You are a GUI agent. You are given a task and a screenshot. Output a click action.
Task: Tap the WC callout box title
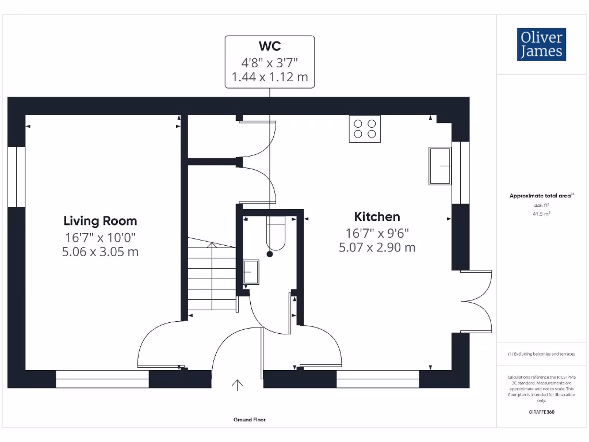click(x=269, y=46)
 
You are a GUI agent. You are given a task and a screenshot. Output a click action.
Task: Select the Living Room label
click(x=100, y=220)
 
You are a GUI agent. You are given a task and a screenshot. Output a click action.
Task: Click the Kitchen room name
click(x=377, y=216)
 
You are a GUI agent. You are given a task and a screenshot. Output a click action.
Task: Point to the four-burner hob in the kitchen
click(x=365, y=129)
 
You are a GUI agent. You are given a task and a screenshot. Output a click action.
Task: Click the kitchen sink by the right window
click(x=440, y=166)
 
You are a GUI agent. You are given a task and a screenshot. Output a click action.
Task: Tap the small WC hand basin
click(x=251, y=272)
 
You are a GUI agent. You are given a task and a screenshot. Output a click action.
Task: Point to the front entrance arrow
click(x=238, y=384)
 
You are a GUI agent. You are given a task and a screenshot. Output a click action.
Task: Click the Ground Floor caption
click(x=250, y=420)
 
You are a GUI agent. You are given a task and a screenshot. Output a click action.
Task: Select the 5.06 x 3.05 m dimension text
click(x=100, y=252)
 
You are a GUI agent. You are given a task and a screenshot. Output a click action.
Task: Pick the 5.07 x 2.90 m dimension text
click(x=377, y=247)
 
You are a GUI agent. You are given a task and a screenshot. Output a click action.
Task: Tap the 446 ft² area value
click(x=541, y=205)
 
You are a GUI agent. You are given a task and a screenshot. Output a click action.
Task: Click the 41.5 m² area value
click(x=541, y=213)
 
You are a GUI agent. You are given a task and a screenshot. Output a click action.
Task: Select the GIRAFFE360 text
click(x=541, y=412)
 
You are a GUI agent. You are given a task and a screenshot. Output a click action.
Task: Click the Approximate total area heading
click(x=540, y=196)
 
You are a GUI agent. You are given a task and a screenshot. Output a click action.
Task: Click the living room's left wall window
click(x=17, y=177)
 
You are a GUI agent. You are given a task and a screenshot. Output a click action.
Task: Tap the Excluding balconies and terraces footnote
click(x=541, y=354)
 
